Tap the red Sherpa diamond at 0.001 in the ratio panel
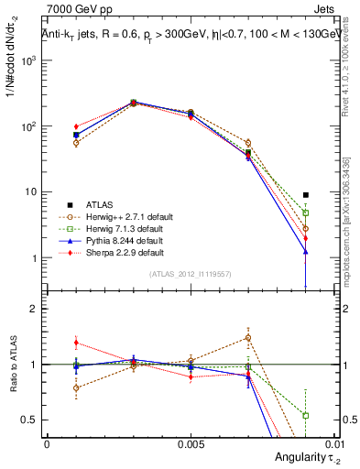click(76, 343)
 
